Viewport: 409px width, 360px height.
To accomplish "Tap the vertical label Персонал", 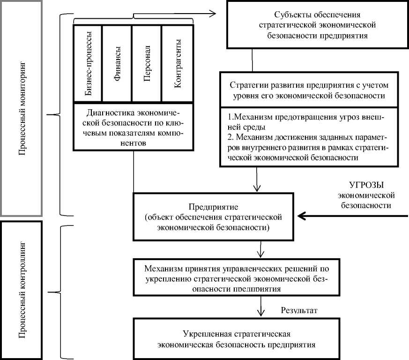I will pos(147,65).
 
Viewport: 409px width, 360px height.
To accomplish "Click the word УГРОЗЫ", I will pos(366,185).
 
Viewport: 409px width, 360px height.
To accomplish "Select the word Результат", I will pos(299,310).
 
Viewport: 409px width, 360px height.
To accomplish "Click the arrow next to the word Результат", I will pos(260,310).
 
